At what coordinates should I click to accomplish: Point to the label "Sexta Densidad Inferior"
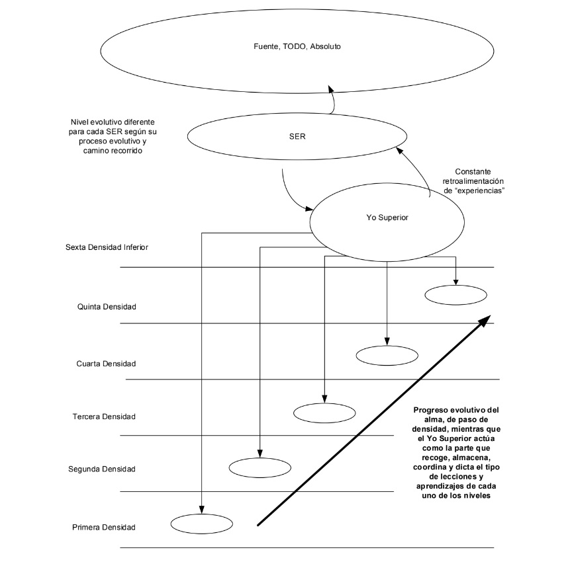pyautogui.click(x=106, y=247)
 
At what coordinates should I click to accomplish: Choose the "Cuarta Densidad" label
pyautogui.click(x=106, y=364)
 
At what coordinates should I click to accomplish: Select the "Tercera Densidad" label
pyautogui.click(x=103, y=417)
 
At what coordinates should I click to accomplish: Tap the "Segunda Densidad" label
pyautogui.click(x=101, y=469)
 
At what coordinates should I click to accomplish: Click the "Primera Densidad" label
pyautogui.click(x=103, y=527)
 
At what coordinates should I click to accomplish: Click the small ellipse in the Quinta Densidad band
pyautogui.click(x=455, y=294)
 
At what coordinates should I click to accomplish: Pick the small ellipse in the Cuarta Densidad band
pyautogui.click(x=387, y=355)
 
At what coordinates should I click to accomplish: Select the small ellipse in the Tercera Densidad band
pyautogui.click(x=324, y=413)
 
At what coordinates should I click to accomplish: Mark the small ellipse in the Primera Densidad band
pyautogui.click(x=201, y=524)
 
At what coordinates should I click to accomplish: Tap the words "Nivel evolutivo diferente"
pyautogui.click(x=113, y=122)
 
